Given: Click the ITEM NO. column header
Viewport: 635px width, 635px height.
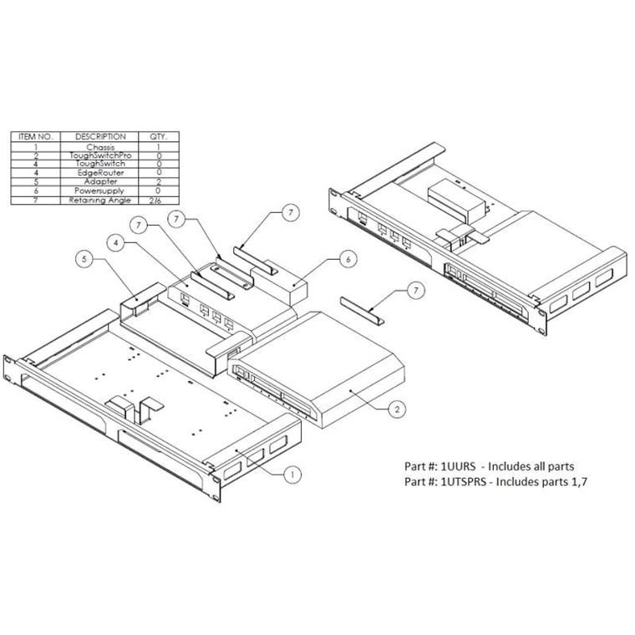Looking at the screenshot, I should tap(36, 136).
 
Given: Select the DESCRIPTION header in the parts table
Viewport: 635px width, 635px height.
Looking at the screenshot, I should tap(100, 136).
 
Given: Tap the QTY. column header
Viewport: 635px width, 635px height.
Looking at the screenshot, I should tap(158, 136).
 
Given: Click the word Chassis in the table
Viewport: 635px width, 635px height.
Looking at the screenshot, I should tap(100, 147).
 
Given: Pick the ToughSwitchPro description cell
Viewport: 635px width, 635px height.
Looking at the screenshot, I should tap(100, 156).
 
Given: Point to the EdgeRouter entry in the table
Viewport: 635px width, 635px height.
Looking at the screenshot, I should tap(100, 173).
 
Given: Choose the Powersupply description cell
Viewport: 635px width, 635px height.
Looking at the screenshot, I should tap(100, 191).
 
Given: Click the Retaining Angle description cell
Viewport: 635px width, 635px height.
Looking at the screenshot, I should tap(100, 201).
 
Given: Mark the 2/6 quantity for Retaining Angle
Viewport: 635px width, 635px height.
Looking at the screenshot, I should tap(158, 201).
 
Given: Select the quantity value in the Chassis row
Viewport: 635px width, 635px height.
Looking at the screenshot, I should tap(158, 147).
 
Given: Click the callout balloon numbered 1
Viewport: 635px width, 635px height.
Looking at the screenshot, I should tap(292, 474).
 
